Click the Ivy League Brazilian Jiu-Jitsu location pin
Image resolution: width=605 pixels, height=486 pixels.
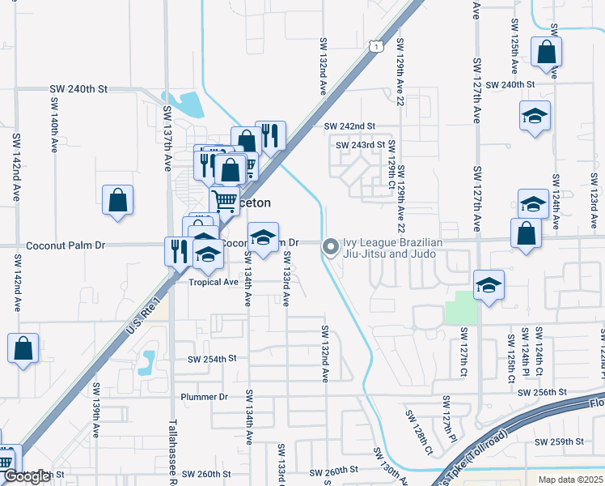pos(331,247)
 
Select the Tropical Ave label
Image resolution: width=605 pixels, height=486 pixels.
pos(214,282)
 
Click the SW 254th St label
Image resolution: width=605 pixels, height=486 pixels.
pos(212,358)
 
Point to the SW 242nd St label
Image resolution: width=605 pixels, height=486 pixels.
pos(349,126)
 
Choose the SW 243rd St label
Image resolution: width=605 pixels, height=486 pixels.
pos(360,145)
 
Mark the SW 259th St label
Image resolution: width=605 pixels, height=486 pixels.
pos(560,441)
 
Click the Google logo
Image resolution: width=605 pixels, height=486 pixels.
pos(27,477)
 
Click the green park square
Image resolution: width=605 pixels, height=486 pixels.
pos(461,307)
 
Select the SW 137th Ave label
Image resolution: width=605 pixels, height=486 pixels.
pos(168,138)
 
